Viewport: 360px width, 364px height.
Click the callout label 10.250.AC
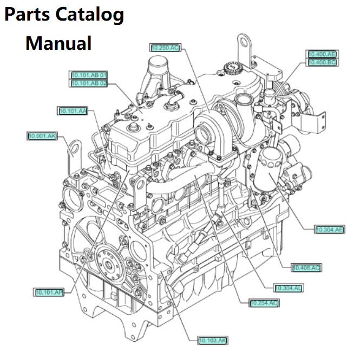point(165,48)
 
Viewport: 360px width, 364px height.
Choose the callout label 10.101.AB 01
point(89,75)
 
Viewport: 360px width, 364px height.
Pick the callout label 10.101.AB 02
point(89,83)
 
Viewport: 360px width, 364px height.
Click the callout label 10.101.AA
point(73,110)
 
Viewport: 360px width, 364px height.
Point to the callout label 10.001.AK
point(42,135)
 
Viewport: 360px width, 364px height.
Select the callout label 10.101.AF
point(49,292)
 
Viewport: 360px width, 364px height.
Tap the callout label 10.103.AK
point(212,340)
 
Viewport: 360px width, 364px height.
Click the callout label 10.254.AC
point(264,303)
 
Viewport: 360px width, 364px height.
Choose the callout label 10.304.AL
point(288,288)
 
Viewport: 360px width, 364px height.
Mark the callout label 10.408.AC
point(306,268)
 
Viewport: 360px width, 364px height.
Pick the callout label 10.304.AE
point(330,230)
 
